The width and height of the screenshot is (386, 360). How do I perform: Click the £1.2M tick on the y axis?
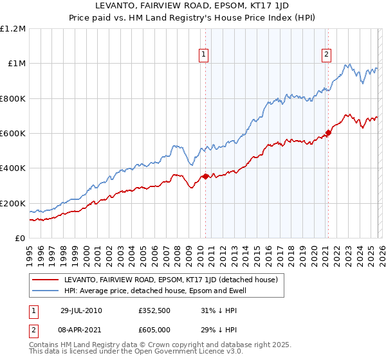tap(13, 29)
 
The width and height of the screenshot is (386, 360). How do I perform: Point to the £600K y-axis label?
tap(13, 134)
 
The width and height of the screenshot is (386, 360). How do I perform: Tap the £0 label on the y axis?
tap(21, 238)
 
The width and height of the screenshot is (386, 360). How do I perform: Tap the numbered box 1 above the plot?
tap(204, 55)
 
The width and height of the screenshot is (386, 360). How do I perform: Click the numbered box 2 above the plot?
tap(327, 55)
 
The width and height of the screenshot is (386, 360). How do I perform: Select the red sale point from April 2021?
tap(327, 132)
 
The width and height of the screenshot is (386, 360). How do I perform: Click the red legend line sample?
tap(45, 280)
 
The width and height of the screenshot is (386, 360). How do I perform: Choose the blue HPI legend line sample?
tap(45, 291)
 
